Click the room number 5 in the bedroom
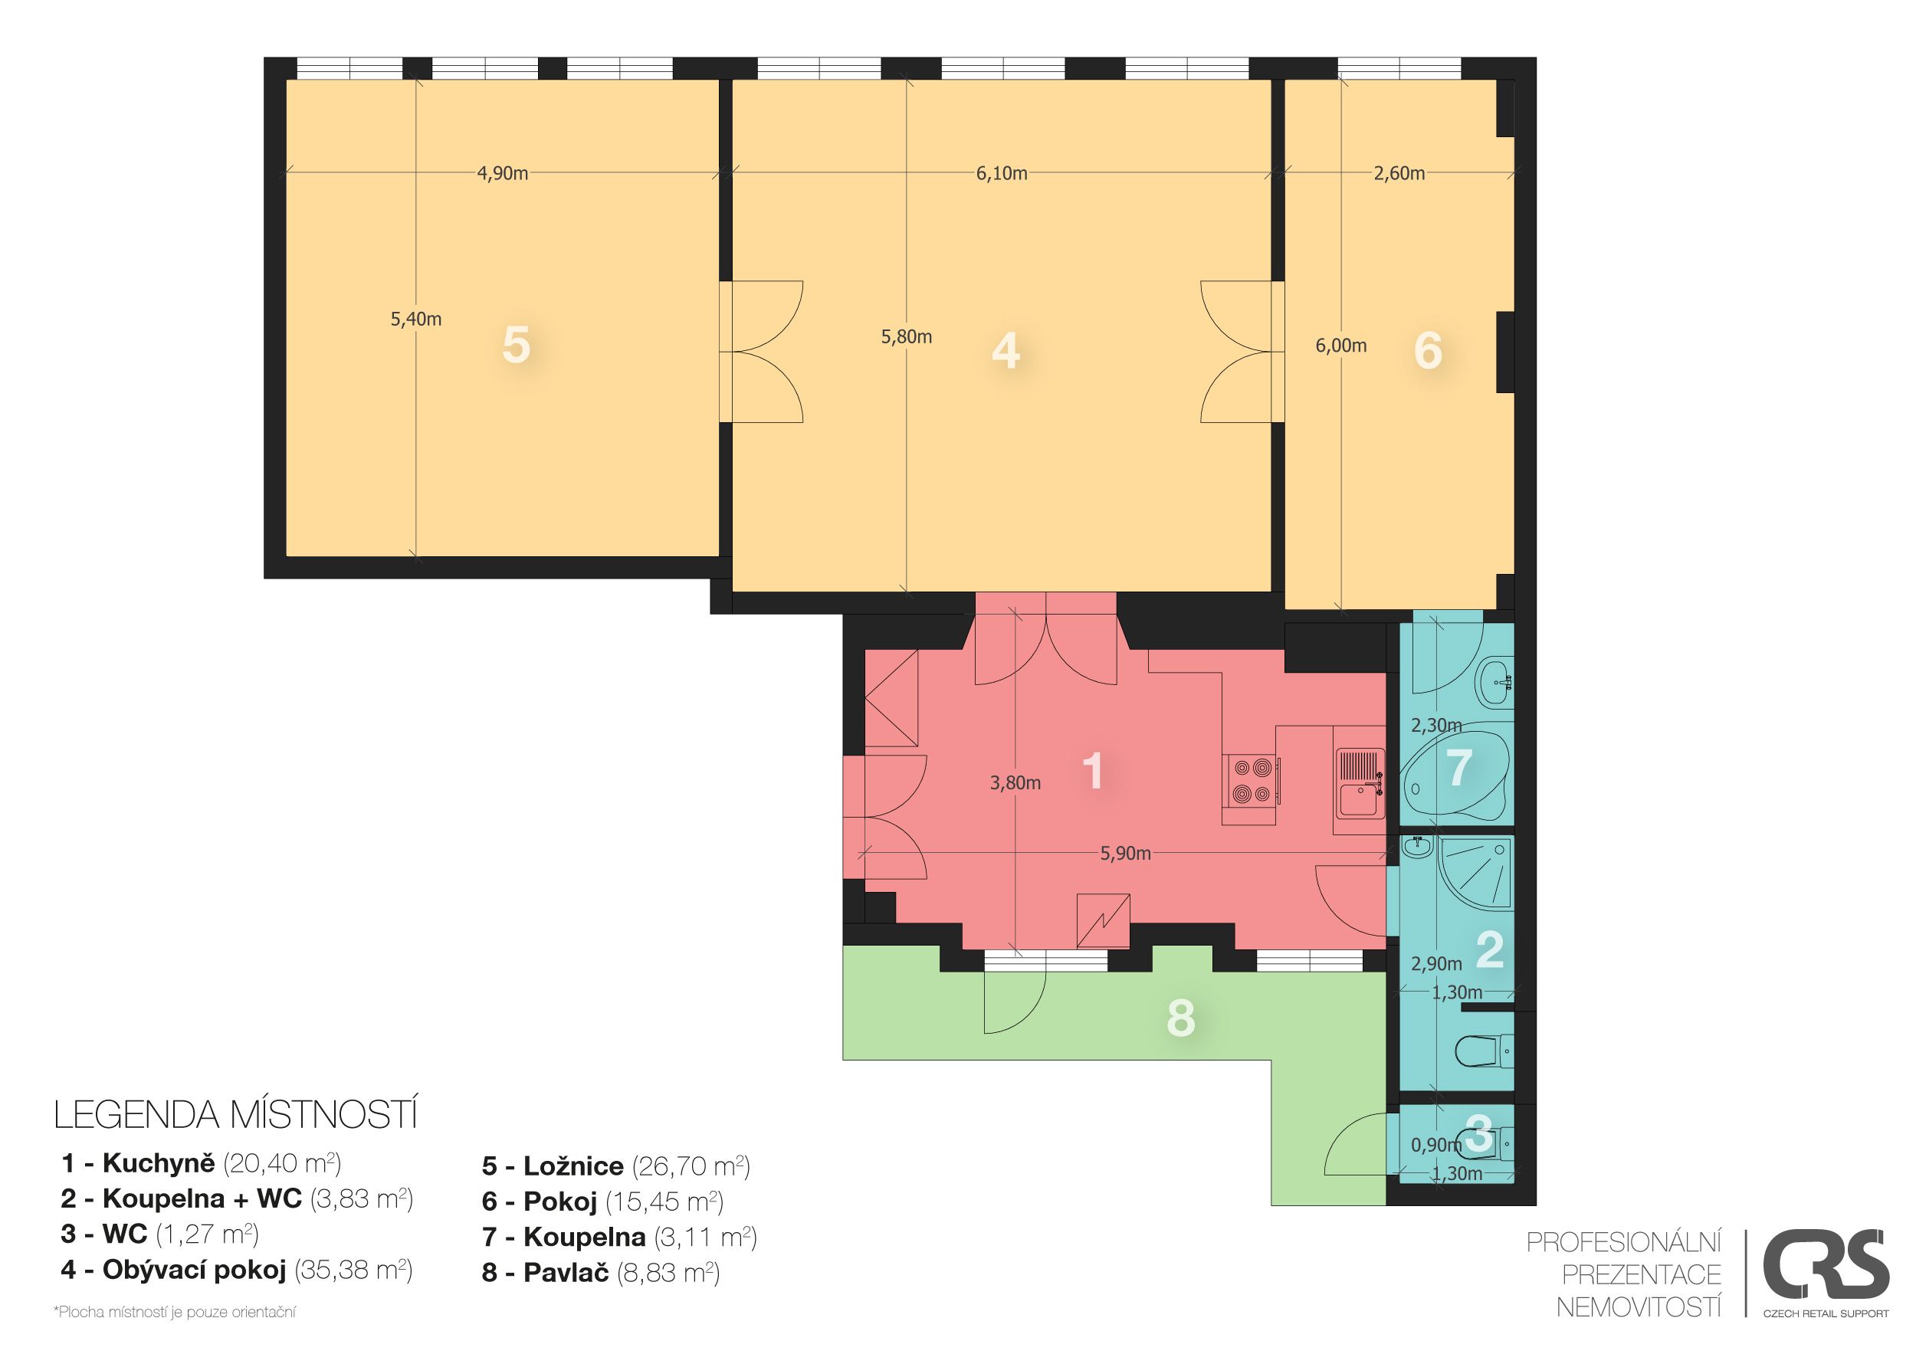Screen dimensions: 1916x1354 pyautogui.click(x=516, y=345)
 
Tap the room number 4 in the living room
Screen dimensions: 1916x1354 pyautogui.click(x=1006, y=350)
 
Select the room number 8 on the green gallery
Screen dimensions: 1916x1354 pyautogui.click(x=1181, y=1018)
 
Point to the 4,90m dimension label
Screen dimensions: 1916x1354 pyautogui.click(x=502, y=173)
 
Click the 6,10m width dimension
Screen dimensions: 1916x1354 pyautogui.click(x=1002, y=173)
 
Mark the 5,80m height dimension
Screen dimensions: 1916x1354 pyautogui.click(x=906, y=337)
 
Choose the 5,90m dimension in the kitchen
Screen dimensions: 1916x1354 pyautogui.click(x=1125, y=854)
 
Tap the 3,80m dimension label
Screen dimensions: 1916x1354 pyautogui.click(x=1015, y=782)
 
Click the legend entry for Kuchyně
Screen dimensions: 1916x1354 pyautogui.click(x=201, y=1163)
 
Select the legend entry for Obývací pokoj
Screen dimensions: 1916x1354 pyautogui.click(x=237, y=1270)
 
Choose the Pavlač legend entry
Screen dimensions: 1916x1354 pyautogui.click(x=601, y=1272)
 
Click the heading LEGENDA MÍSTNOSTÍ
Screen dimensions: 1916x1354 pyautogui.click(x=235, y=1116)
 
